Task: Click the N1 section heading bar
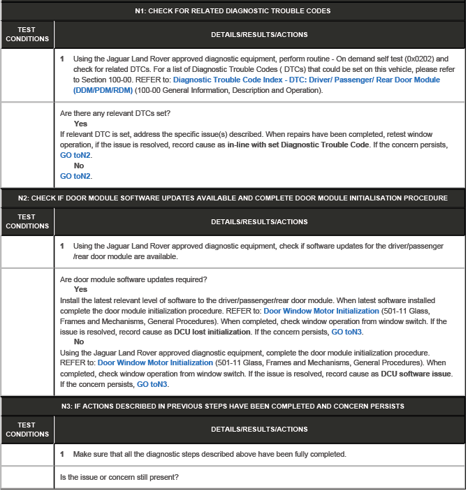(233, 11)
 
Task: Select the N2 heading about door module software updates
(233, 198)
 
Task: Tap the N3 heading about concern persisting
(233, 406)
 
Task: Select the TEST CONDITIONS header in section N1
(27, 34)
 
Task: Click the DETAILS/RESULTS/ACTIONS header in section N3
(259, 429)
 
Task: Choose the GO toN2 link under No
(76, 176)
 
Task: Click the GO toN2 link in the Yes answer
(76, 155)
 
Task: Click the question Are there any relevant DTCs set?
(116, 113)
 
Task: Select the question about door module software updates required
(133, 279)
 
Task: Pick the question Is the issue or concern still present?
(119, 477)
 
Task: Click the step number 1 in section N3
(62, 454)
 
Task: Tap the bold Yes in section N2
(80, 289)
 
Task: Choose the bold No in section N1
(79, 166)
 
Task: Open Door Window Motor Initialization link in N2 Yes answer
(321, 310)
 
